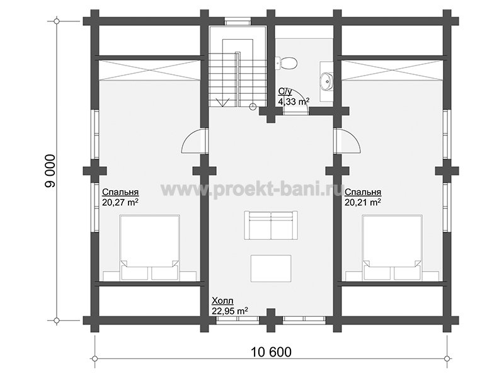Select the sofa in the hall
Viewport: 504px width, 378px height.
271,225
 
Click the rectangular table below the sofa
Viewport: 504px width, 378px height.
271,268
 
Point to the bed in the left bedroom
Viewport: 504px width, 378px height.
149,247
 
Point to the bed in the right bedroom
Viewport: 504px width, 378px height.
392,247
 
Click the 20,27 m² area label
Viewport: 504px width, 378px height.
120,202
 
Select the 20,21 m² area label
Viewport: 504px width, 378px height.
363,202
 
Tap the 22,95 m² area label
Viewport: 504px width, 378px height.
230,311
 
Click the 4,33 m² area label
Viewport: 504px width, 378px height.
294,102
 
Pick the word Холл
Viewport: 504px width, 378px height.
222,301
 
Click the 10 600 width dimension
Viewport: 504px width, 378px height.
271,352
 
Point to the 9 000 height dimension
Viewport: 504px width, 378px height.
50,171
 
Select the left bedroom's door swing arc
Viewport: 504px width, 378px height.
190,139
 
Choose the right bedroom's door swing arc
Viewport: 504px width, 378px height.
352,139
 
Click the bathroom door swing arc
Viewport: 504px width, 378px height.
301,97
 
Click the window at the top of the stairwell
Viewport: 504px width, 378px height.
238,22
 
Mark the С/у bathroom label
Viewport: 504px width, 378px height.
285,92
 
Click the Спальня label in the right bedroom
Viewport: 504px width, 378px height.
363,192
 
